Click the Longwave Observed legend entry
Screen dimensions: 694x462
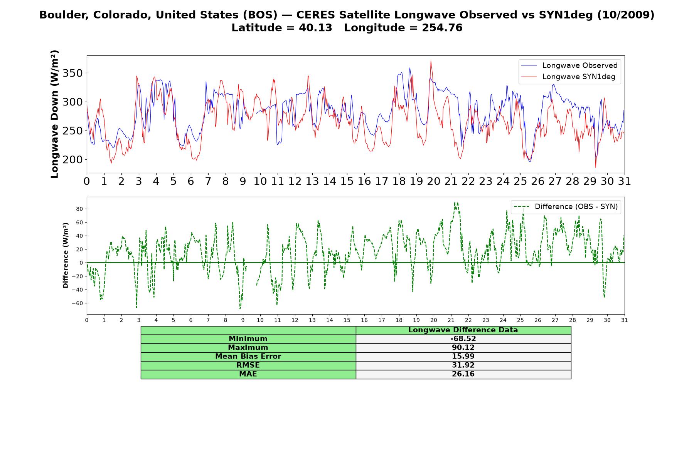coord(569,65)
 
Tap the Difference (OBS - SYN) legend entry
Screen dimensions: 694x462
coord(566,207)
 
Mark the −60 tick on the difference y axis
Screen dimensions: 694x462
coord(77,303)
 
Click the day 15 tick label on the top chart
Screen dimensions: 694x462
coord(347,181)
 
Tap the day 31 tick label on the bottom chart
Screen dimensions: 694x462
coord(625,320)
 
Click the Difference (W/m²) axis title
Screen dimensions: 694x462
coord(66,255)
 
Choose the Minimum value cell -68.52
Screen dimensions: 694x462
coord(463,339)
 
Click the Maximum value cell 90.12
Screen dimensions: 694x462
coord(463,348)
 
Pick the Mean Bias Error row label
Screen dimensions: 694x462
coord(248,357)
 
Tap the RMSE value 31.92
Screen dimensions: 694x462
coord(463,365)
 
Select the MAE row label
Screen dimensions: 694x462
coord(248,374)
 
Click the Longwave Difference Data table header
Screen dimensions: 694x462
coord(463,330)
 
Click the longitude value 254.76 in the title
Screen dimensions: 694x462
coord(442,28)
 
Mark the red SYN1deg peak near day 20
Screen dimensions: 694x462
coord(431,61)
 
